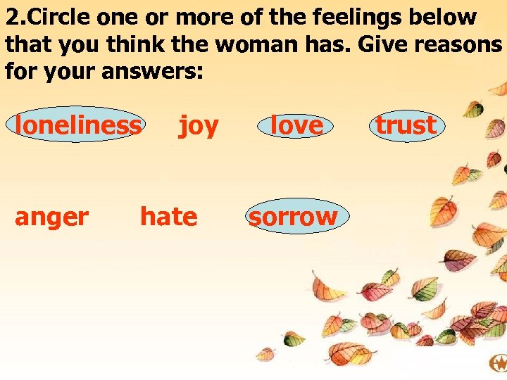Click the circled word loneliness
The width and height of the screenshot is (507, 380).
(77, 125)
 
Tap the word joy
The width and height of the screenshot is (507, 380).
(199, 126)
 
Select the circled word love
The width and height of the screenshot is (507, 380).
(297, 125)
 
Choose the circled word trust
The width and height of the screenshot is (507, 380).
(406, 125)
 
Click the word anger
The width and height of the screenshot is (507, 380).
(51, 217)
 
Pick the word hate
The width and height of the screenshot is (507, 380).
(168, 217)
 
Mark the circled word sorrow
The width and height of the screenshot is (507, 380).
(293, 217)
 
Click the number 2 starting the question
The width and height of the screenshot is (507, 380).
(11, 18)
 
